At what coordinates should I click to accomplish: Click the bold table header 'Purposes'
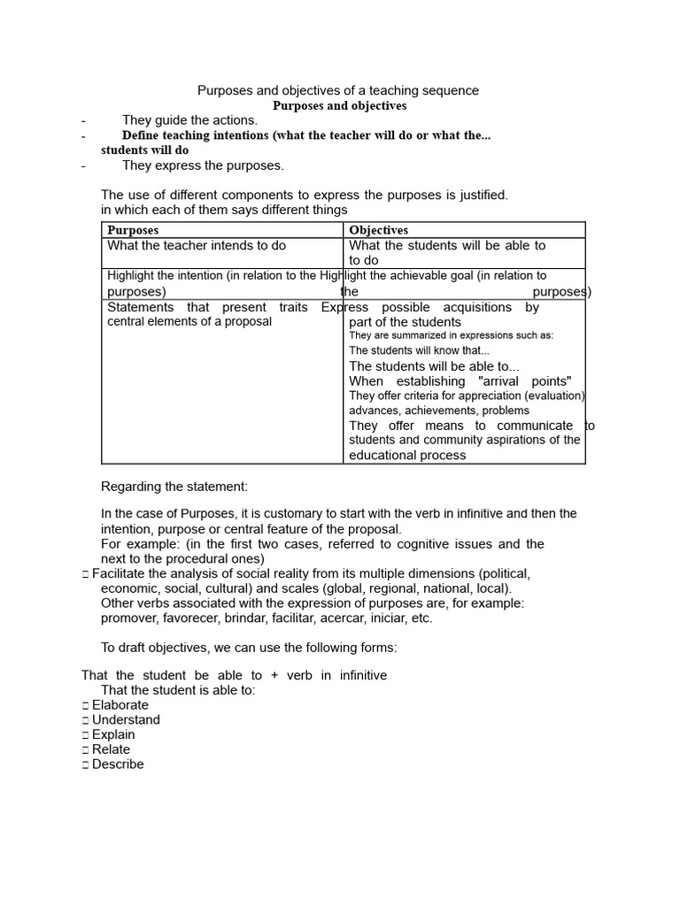click(x=133, y=230)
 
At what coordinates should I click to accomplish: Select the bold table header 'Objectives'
click(x=379, y=230)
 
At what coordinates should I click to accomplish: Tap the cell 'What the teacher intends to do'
click(x=197, y=245)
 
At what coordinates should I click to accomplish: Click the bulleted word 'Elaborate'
click(x=120, y=705)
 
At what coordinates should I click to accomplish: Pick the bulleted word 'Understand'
click(x=126, y=720)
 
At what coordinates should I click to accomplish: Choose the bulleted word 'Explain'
click(x=113, y=734)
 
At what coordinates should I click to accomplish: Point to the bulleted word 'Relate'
click(x=111, y=749)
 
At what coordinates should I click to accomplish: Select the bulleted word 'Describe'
click(x=118, y=764)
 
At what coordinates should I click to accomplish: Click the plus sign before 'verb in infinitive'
click(x=274, y=675)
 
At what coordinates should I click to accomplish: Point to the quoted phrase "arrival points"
click(x=524, y=381)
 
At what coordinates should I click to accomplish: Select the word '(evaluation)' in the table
click(x=553, y=395)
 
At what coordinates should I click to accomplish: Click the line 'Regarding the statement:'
click(x=174, y=487)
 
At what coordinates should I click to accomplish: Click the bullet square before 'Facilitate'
click(x=85, y=574)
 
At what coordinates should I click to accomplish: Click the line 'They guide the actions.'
click(x=189, y=120)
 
